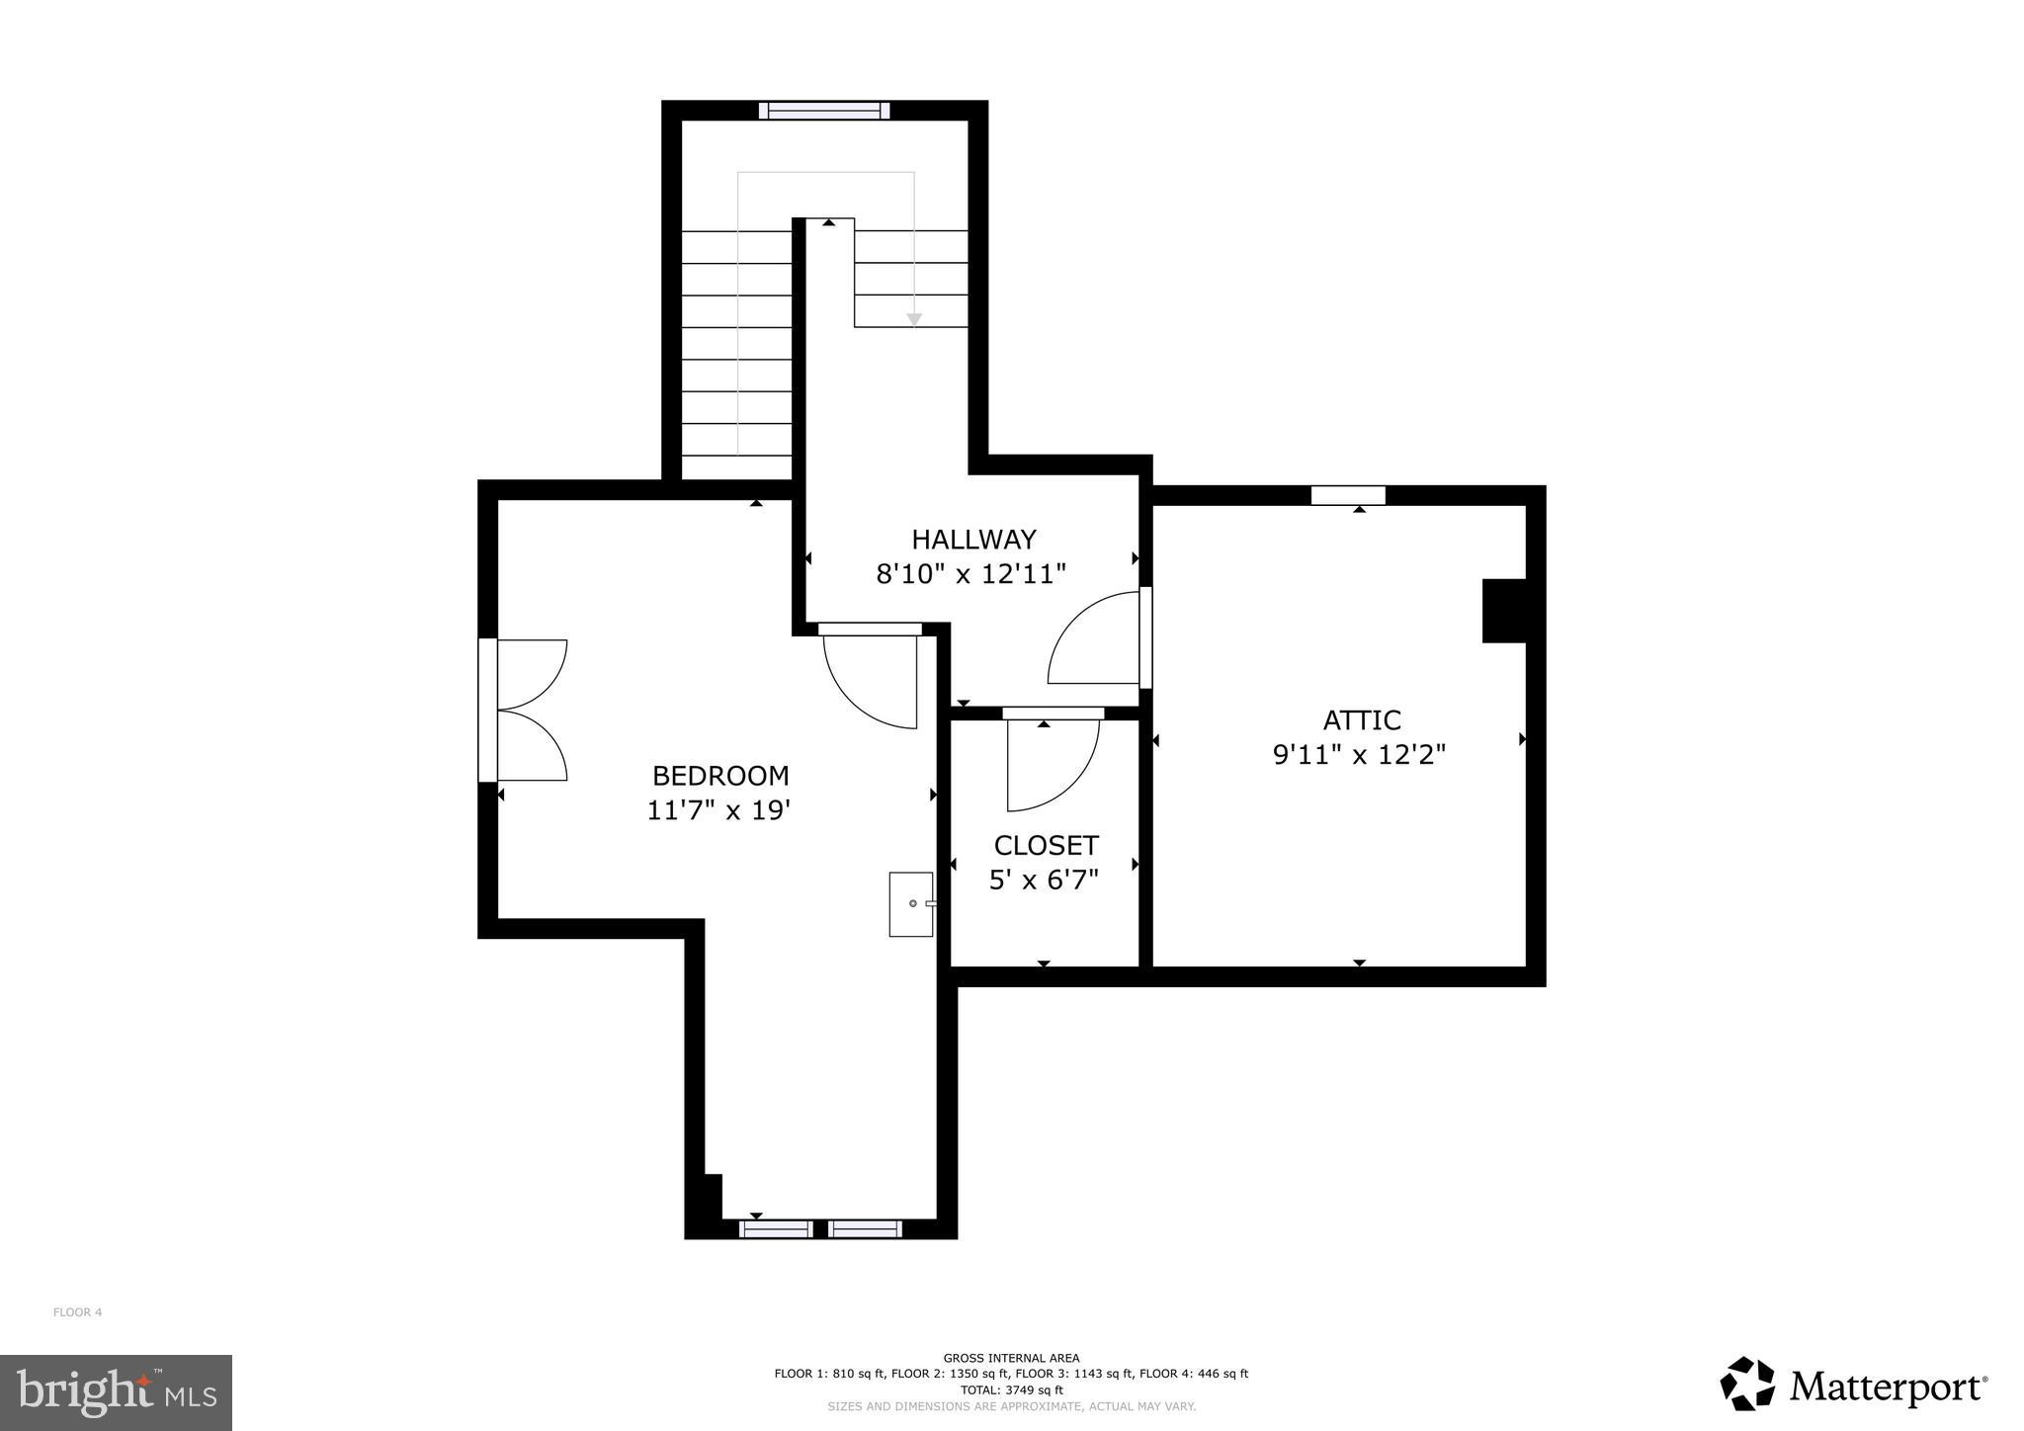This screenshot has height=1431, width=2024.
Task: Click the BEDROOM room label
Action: click(720, 776)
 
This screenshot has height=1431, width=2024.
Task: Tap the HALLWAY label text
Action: click(973, 540)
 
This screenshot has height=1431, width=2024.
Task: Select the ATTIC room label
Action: click(1362, 719)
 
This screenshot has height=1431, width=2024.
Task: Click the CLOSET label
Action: click(1046, 846)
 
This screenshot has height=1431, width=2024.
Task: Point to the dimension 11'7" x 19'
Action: click(718, 811)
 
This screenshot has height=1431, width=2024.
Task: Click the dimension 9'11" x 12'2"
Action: click(1359, 755)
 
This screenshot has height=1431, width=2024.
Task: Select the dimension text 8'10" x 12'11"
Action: click(971, 574)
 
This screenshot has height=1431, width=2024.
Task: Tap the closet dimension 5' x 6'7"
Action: click(1044, 880)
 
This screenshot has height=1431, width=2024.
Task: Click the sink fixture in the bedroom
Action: click(910, 903)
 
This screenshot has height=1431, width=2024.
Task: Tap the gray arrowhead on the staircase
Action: click(914, 319)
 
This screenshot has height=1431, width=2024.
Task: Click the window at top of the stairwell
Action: click(824, 111)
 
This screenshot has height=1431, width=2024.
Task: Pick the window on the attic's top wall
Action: click(1348, 495)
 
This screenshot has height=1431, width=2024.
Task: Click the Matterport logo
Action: click(1854, 1384)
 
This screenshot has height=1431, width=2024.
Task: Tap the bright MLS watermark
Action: click(116, 1392)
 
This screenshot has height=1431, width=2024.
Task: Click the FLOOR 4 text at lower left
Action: click(77, 1312)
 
